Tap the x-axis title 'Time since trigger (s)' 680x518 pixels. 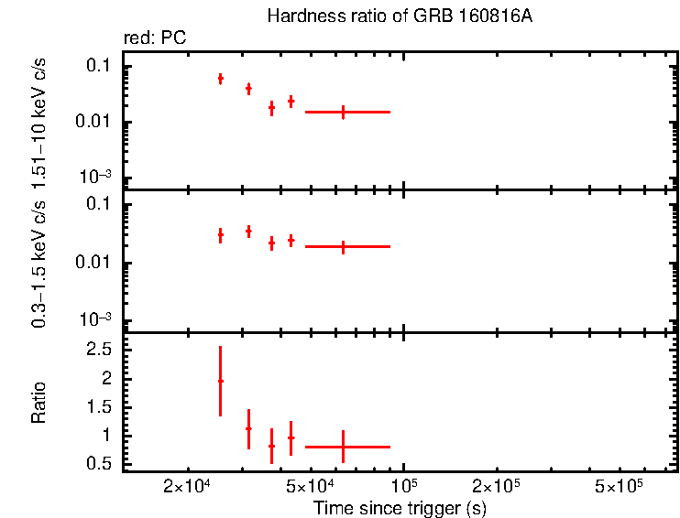point(398,507)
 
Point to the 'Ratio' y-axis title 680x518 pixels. point(39,402)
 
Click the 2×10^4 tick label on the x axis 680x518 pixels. point(188,484)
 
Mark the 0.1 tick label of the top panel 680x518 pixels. point(100,66)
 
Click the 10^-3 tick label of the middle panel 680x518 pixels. point(97,319)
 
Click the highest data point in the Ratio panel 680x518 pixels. point(220,381)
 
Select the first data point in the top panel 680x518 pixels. point(220,79)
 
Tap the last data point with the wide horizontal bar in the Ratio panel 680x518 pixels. point(343,447)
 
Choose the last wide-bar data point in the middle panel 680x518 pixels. point(343,246)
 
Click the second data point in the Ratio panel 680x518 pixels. point(248,428)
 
